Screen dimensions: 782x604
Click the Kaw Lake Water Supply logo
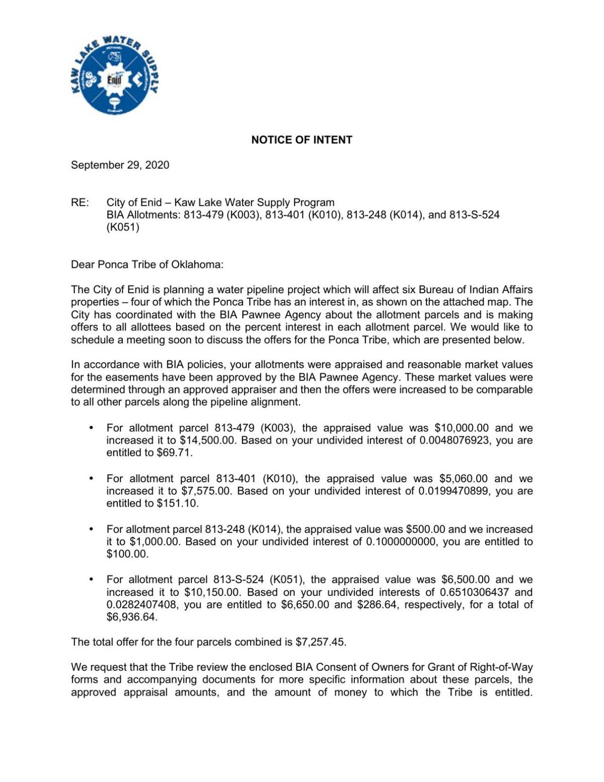115,75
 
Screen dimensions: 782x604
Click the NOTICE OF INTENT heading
301,140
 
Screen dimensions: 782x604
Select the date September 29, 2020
120,165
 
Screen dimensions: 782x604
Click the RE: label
80,203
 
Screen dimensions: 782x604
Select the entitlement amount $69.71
174,453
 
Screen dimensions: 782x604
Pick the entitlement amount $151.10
177,504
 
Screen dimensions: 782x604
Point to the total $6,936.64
132,617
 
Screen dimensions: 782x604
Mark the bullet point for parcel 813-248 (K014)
91,529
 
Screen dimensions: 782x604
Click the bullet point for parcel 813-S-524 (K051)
91,580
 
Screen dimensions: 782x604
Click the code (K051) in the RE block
123,227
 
